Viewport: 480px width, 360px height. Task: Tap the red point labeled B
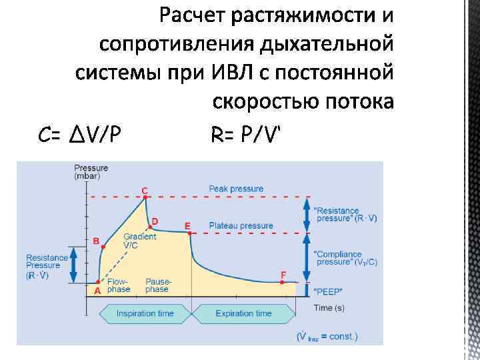[x=103, y=247]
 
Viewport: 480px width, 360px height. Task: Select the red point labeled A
[x=98, y=283]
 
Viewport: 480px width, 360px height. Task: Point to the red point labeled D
[x=150, y=227]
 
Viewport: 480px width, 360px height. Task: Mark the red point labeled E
[x=190, y=233]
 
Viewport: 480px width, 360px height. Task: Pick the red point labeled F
[x=283, y=283]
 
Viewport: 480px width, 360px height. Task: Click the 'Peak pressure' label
[x=235, y=189]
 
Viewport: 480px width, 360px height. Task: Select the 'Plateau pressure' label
[x=241, y=225]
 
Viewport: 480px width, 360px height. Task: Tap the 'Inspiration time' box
[x=145, y=313]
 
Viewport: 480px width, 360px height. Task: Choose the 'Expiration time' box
[x=243, y=313]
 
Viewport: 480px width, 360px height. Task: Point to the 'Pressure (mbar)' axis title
[x=87, y=172]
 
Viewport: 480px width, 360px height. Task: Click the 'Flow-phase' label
[x=117, y=285]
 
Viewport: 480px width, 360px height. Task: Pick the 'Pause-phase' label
[x=157, y=285]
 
